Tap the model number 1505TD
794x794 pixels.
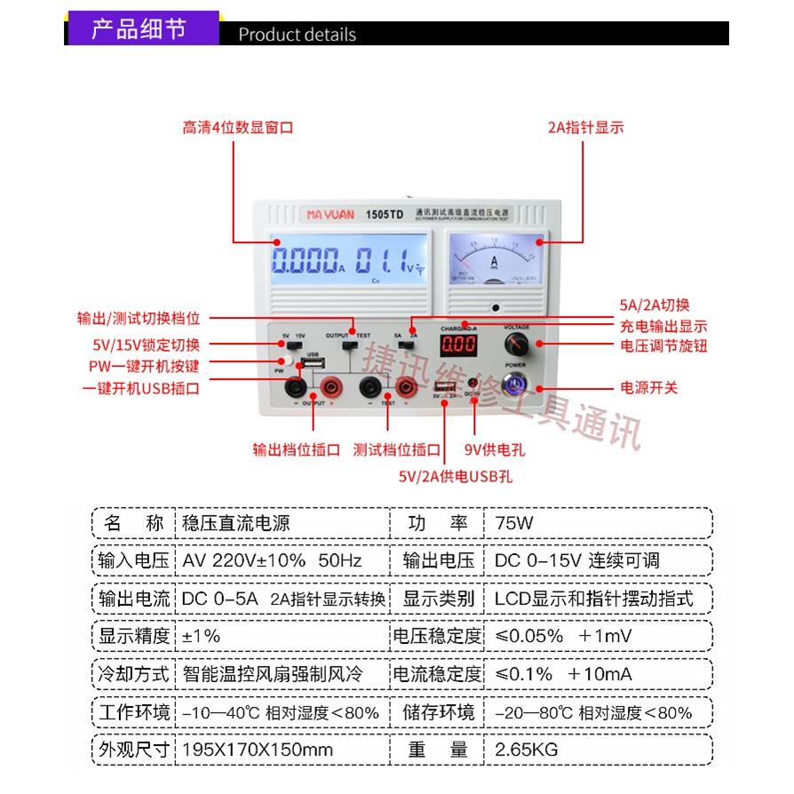(x=385, y=214)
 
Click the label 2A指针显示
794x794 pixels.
(x=586, y=128)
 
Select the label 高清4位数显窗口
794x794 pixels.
(x=237, y=128)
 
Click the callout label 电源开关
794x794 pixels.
(x=648, y=387)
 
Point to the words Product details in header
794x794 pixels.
(x=297, y=36)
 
